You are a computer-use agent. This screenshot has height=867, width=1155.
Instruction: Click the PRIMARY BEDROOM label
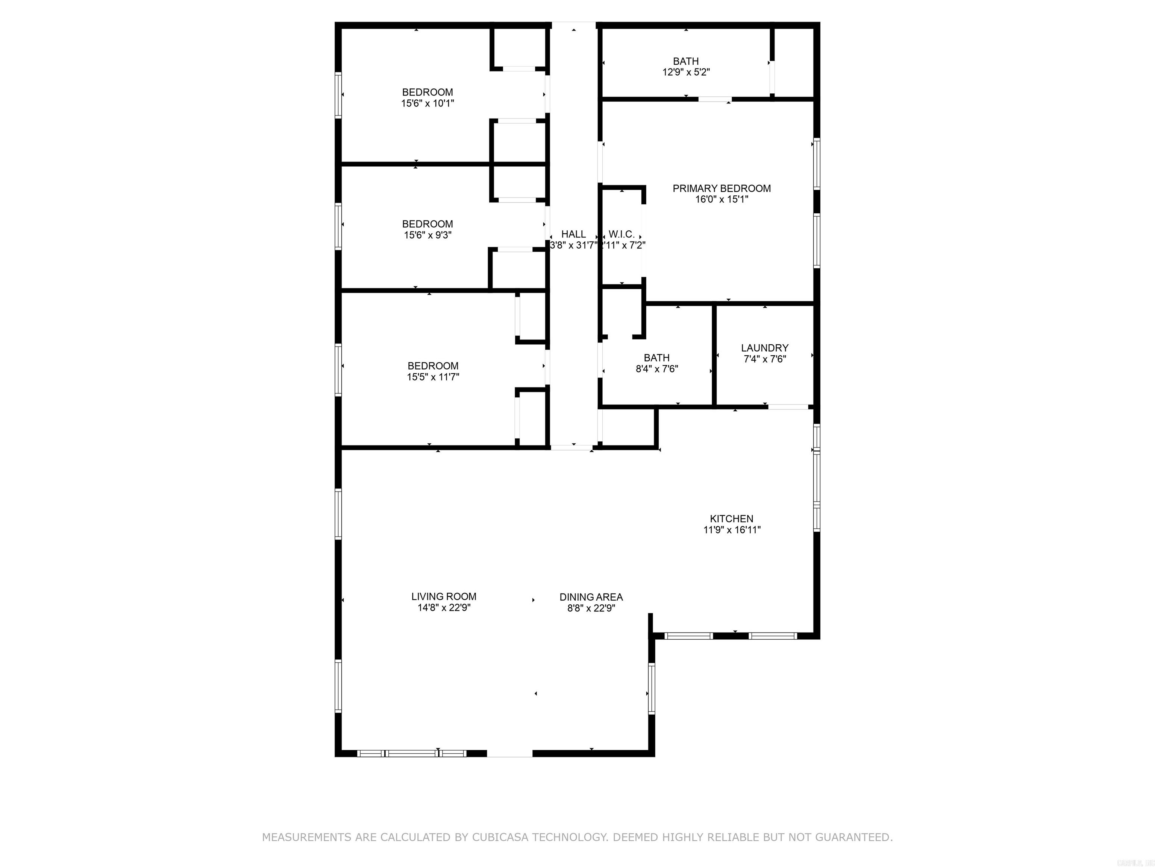(721, 189)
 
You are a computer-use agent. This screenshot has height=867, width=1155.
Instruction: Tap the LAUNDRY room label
(764, 348)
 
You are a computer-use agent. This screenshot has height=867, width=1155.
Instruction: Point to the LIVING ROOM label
(443, 597)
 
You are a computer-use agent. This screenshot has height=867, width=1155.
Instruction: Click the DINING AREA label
(591, 597)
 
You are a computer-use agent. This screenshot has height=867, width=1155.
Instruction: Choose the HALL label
(573, 234)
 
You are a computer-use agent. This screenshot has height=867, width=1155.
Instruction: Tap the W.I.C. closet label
(621, 234)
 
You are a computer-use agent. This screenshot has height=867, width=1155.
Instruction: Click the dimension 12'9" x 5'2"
(685, 73)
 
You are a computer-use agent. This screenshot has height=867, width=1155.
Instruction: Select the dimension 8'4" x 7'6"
(656, 369)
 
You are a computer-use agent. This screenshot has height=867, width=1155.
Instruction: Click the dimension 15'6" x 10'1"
(427, 103)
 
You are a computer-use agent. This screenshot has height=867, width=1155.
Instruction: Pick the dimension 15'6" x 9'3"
(427, 235)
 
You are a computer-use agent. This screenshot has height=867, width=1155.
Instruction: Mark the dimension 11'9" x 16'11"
(732, 530)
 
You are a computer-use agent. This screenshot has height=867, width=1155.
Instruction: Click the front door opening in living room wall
(509, 753)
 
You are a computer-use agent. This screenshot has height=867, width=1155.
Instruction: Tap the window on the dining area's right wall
(651, 688)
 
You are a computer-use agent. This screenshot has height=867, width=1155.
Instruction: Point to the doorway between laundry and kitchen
(788, 406)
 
